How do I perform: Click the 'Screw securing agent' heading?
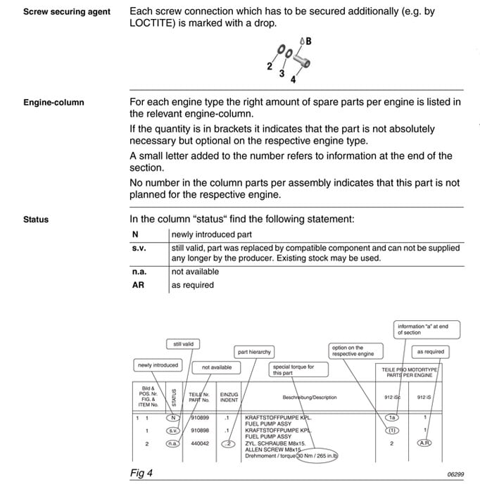[x=67, y=12]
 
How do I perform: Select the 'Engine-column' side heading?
[x=53, y=102]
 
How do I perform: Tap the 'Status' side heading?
[x=36, y=220]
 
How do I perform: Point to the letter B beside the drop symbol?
[x=308, y=42]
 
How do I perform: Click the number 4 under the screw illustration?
[x=293, y=79]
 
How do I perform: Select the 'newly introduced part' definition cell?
[x=211, y=234]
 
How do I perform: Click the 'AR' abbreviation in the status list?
[x=138, y=285]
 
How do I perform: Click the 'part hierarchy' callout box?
[x=254, y=351]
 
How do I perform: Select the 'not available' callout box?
[x=216, y=367]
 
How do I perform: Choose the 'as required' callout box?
[x=430, y=351]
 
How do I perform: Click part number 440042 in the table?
[x=199, y=444]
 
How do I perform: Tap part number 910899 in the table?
[x=199, y=418]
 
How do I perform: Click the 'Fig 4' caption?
[x=141, y=473]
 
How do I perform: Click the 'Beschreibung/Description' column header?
[x=309, y=398]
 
